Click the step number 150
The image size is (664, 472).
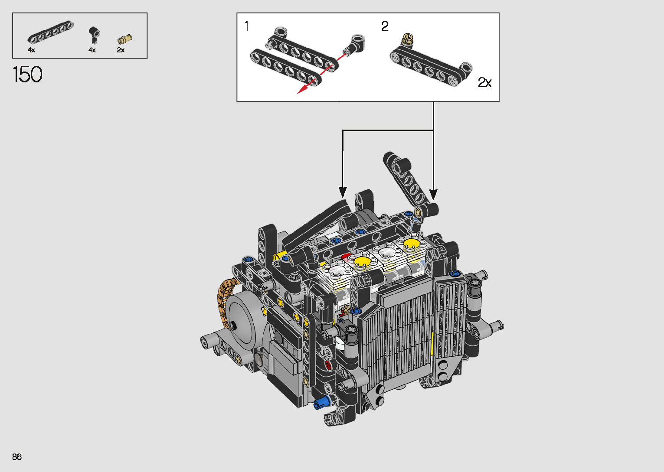(x=28, y=74)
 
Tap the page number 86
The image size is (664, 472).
(x=17, y=456)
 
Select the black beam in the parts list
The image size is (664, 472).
(x=51, y=32)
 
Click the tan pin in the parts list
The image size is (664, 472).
(x=125, y=39)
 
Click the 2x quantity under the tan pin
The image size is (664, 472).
(x=121, y=50)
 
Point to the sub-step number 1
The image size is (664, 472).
(x=247, y=26)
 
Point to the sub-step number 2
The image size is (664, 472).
(x=385, y=26)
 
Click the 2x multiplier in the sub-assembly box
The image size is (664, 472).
(x=484, y=82)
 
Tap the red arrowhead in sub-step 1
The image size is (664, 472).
(x=302, y=89)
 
